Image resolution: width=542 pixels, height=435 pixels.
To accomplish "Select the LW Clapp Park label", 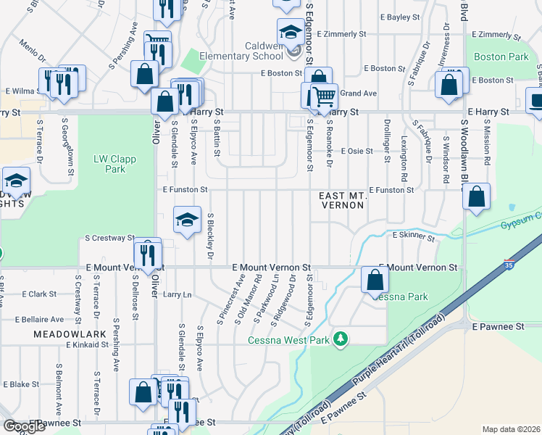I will [x=109, y=165].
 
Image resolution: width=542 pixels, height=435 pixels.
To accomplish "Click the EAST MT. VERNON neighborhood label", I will [x=343, y=201].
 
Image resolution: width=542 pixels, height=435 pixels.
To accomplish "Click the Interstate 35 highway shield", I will [x=509, y=265].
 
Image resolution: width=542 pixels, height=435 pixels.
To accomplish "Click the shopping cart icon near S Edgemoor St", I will [x=324, y=96].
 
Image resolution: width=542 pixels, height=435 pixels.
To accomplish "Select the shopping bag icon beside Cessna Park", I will [x=375, y=280].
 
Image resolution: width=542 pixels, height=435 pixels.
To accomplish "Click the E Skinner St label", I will [x=413, y=236].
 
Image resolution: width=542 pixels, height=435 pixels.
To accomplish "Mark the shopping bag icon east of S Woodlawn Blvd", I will [x=477, y=196].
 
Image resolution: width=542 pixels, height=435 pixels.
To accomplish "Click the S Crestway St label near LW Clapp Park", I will [x=109, y=238].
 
